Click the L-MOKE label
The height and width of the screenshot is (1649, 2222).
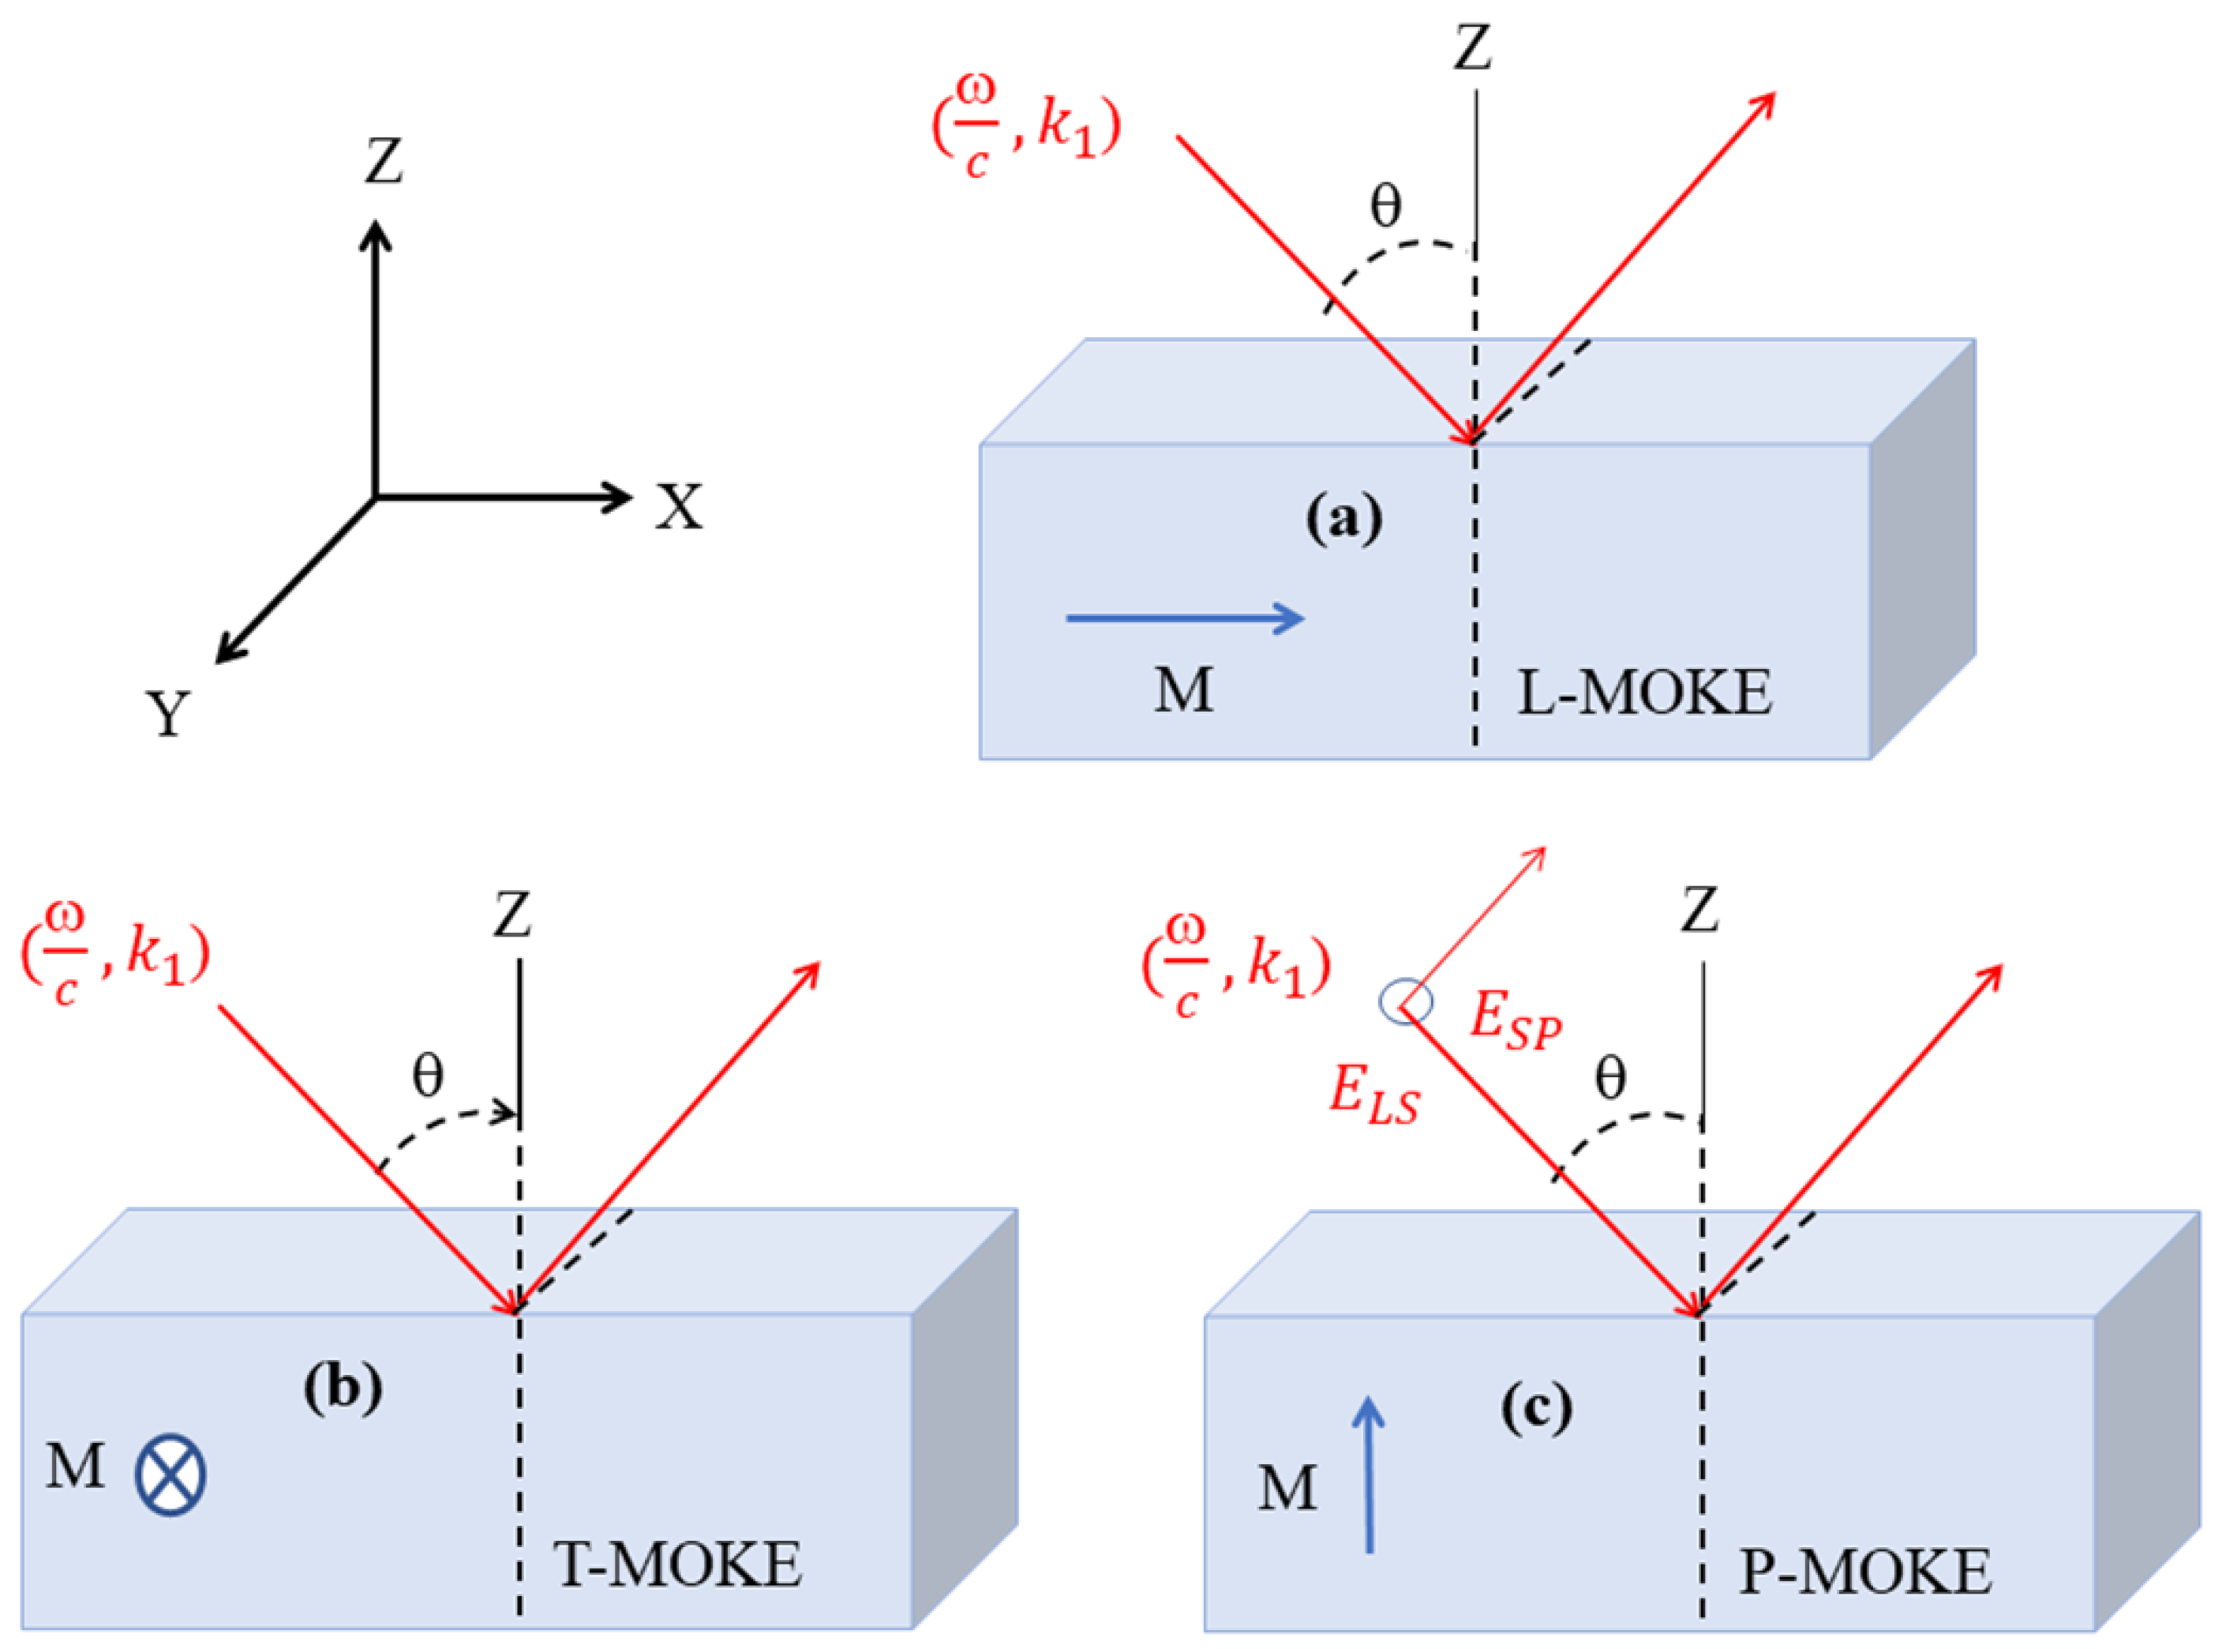[x=1643, y=693]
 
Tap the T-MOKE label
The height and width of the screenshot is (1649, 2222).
[x=677, y=1564]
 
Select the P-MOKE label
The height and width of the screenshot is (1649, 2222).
[x=1864, y=1572]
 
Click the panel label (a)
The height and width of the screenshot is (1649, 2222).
[x=1344, y=518]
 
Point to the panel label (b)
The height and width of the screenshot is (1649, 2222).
[x=343, y=1388]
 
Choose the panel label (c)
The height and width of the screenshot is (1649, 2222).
[x=1537, y=1408]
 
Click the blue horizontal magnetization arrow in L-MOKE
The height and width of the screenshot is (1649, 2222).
[x=1184, y=618]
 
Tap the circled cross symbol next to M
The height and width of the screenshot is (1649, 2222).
[x=170, y=1475]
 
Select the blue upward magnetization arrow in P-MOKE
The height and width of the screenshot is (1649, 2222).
[x=1368, y=1474]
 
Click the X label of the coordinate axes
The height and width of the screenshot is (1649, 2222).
[x=679, y=507]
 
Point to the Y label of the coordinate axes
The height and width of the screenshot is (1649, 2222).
[x=167, y=714]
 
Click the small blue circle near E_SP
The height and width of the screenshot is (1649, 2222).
[x=1406, y=1001]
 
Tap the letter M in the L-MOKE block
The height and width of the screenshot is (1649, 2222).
[x=1183, y=689]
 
